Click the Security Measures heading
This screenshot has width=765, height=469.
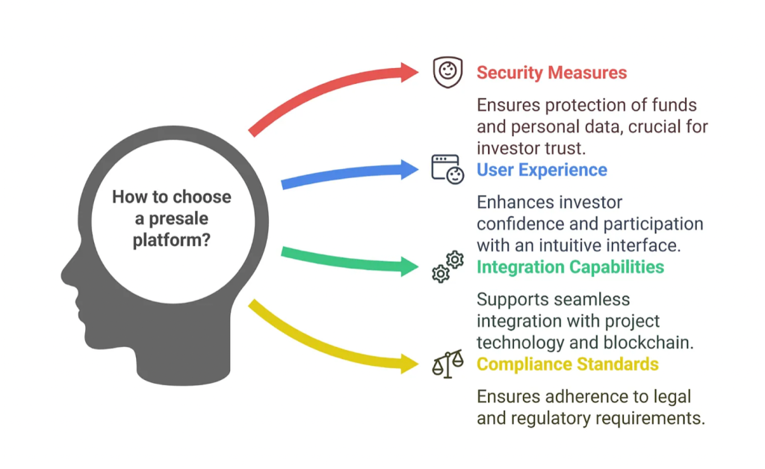(x=551, y=73)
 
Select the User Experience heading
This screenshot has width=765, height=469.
(x=542, y=170)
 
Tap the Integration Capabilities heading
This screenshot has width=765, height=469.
(x=570, y=267)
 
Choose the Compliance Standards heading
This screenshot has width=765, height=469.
(x=568, y=364)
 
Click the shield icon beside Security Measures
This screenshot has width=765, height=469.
(x=447, y=73)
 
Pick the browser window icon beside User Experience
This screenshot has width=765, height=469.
(x=447, y=169)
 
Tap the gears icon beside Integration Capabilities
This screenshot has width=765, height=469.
(x=447, y=267)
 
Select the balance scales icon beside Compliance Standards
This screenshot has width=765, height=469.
(x=447, y=364)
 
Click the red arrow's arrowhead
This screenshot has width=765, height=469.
(x=409, y=72)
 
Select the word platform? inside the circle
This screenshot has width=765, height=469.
(x=171, y=240)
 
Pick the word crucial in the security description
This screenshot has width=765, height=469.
(x=654, y=126)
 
